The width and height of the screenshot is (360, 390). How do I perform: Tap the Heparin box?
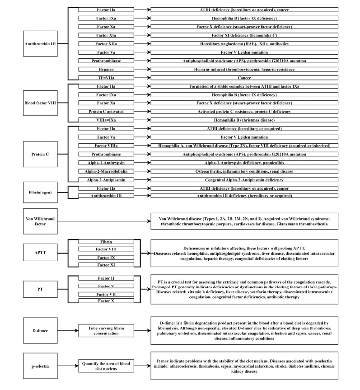tap(106, 69)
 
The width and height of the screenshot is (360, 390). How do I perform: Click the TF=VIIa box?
tap(106, 78)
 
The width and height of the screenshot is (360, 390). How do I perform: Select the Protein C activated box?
tap(106, 111)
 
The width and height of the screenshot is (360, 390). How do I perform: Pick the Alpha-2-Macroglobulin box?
tap(106, 171)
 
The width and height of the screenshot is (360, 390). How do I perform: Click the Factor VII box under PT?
tap(106, 294)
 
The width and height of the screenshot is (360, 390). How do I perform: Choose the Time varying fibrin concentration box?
tap(106, 331)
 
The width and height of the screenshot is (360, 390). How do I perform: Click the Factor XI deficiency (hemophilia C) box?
tap(244, 35)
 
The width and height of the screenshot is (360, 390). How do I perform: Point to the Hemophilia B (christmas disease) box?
tap(244, 120)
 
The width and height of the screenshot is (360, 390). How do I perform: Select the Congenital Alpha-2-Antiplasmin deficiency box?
tap(244, 179)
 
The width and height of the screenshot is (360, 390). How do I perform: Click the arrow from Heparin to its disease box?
tap(142, 69)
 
